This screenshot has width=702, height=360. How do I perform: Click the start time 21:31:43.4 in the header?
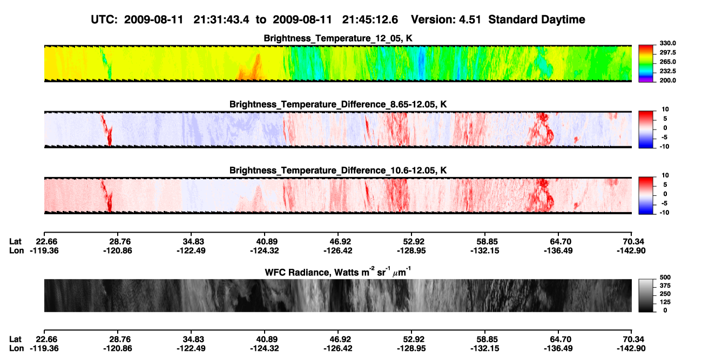pyautogui.click(x=221, y=20)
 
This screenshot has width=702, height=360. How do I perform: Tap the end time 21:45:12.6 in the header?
pyautogui.click(x=370, y=20)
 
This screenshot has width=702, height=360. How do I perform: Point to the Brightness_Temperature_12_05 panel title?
pyautogui.click(x=338, y=38)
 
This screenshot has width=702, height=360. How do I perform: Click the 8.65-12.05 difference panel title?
pyautogui.click(x=338, y=104)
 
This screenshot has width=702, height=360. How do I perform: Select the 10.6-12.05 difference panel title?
pyautogui.click(x=338, y=171)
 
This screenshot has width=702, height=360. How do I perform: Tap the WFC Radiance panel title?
pyautogui.click(x=338, y=272)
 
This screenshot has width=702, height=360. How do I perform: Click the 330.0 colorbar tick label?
pyautogui.click(x=667, y=43)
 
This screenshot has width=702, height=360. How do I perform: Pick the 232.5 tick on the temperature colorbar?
pyautogui.click(x=667, y=71)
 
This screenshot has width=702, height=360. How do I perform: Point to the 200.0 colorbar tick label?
pyautogui.click(x=667, y=80)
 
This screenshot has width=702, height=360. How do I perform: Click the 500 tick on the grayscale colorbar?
pyautogui.click(x=665, y=277)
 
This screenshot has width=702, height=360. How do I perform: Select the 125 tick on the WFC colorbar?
pyautogui.click(x=665, y=302)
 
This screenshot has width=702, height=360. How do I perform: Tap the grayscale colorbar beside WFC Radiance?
pyautogui.click(x=646, y=295)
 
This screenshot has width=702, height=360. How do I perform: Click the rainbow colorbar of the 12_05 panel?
pyautogui.click(x=646, y=64)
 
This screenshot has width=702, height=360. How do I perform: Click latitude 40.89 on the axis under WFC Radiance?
pyautogui.click(x=265, y=339)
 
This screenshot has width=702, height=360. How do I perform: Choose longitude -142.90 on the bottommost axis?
pyautogui.click(x=631, y=349)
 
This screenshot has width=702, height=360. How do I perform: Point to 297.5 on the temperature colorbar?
pyautogui.click(x=667, y=53)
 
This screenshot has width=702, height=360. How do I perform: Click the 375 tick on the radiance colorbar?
pyautogui.click(x=665, y=286)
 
